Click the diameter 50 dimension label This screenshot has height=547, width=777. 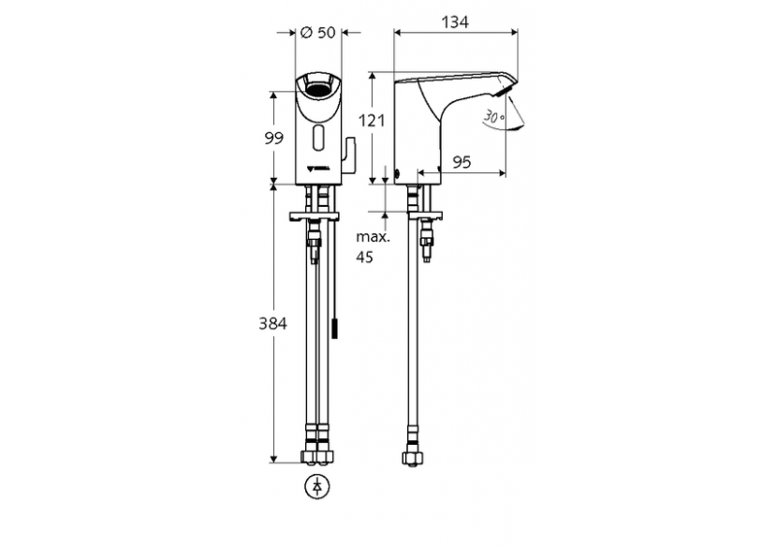click(319, 32)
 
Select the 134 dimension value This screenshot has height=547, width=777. click(457, 22)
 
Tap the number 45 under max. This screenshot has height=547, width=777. click(364, 257)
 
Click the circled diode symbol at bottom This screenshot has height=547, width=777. click(318, 487)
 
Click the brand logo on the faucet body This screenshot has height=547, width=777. click(319, 170)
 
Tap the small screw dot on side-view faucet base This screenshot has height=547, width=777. click(398, 172)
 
